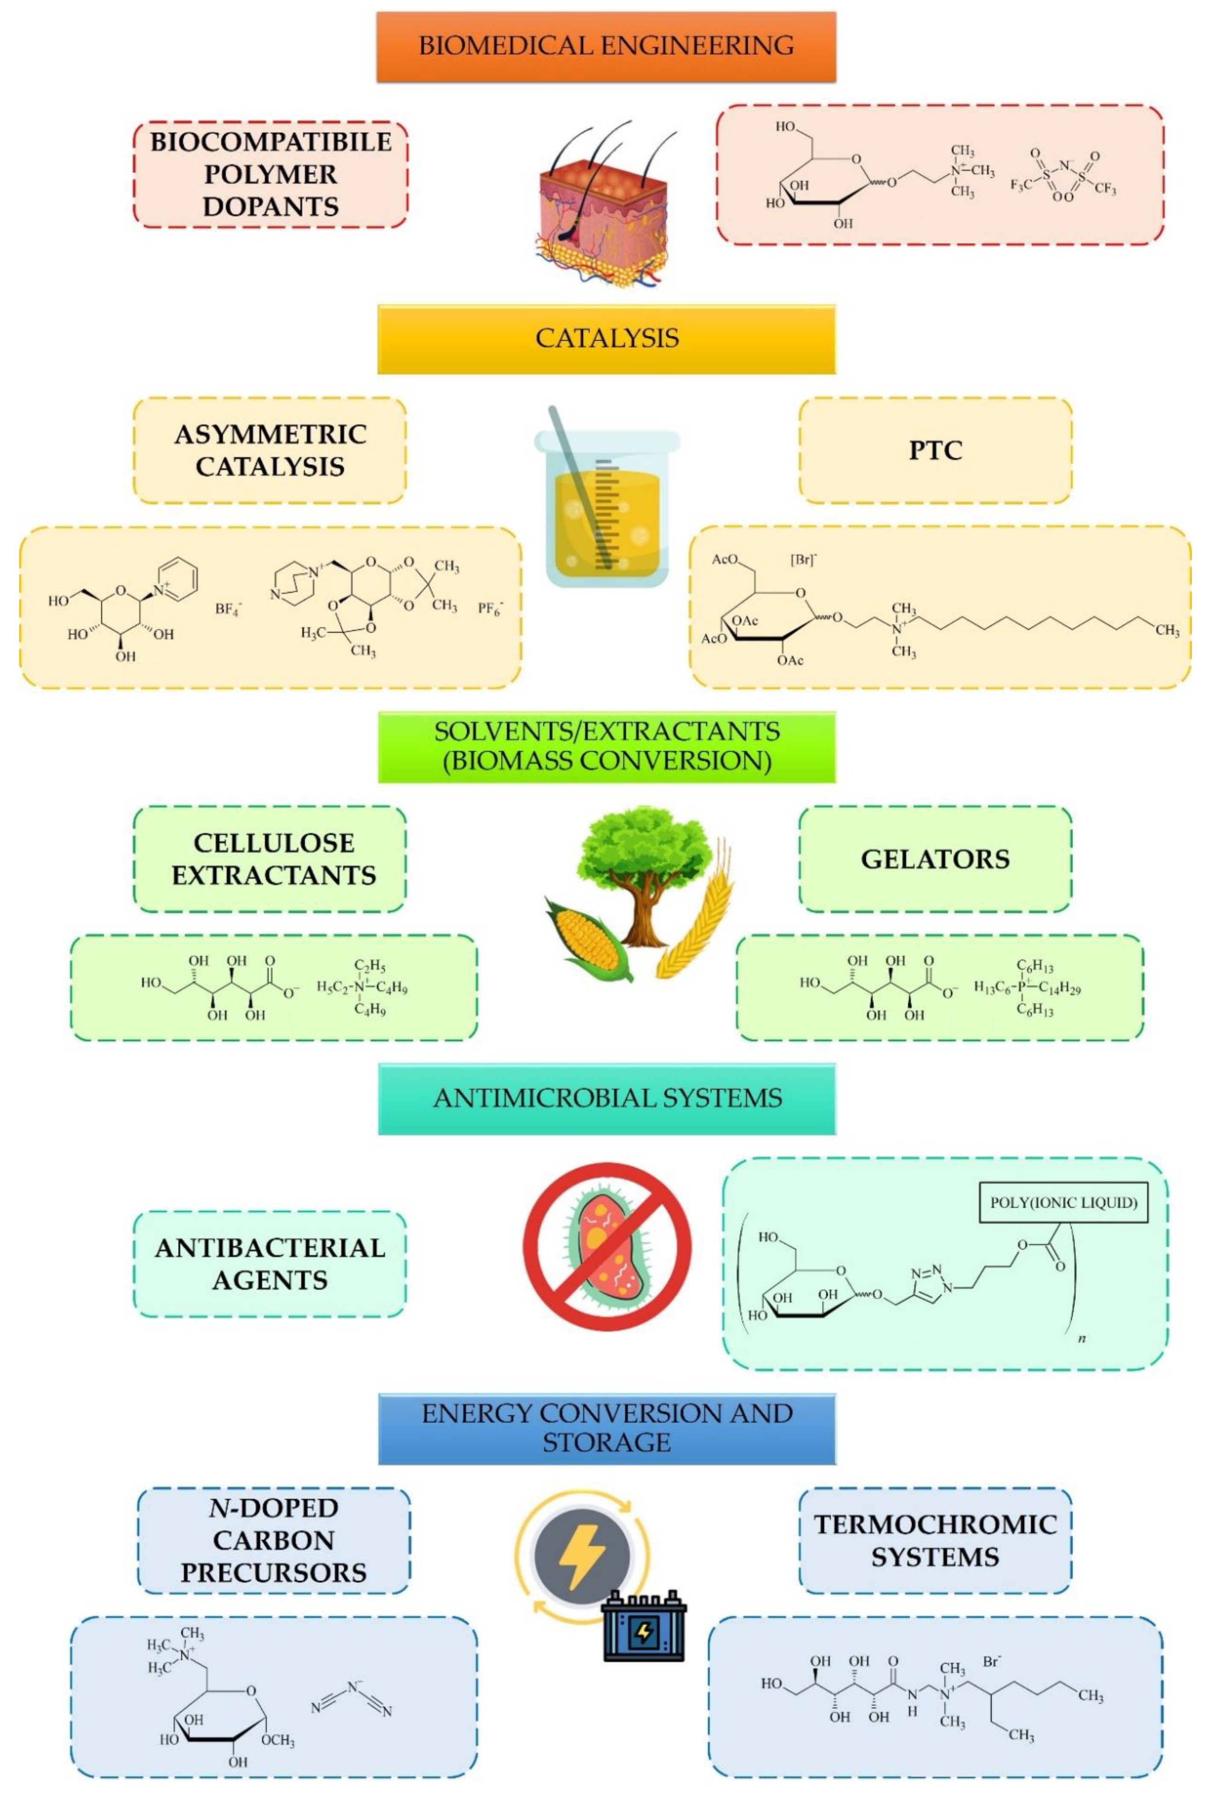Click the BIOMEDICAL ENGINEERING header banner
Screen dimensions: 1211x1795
coord(606,46)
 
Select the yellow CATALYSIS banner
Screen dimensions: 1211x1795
coord(606,339)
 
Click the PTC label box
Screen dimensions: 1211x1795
coord(935,451)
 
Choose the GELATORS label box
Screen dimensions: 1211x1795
coord(935,859)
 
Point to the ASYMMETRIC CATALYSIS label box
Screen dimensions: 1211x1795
coord(270,451)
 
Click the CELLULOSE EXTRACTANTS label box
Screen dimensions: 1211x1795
coord(270,859)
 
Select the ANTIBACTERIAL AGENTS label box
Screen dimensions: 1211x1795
coord(270,1264)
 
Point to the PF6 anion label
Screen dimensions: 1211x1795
coord(491,610)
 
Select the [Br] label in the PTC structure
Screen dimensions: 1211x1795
coord(802,560)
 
